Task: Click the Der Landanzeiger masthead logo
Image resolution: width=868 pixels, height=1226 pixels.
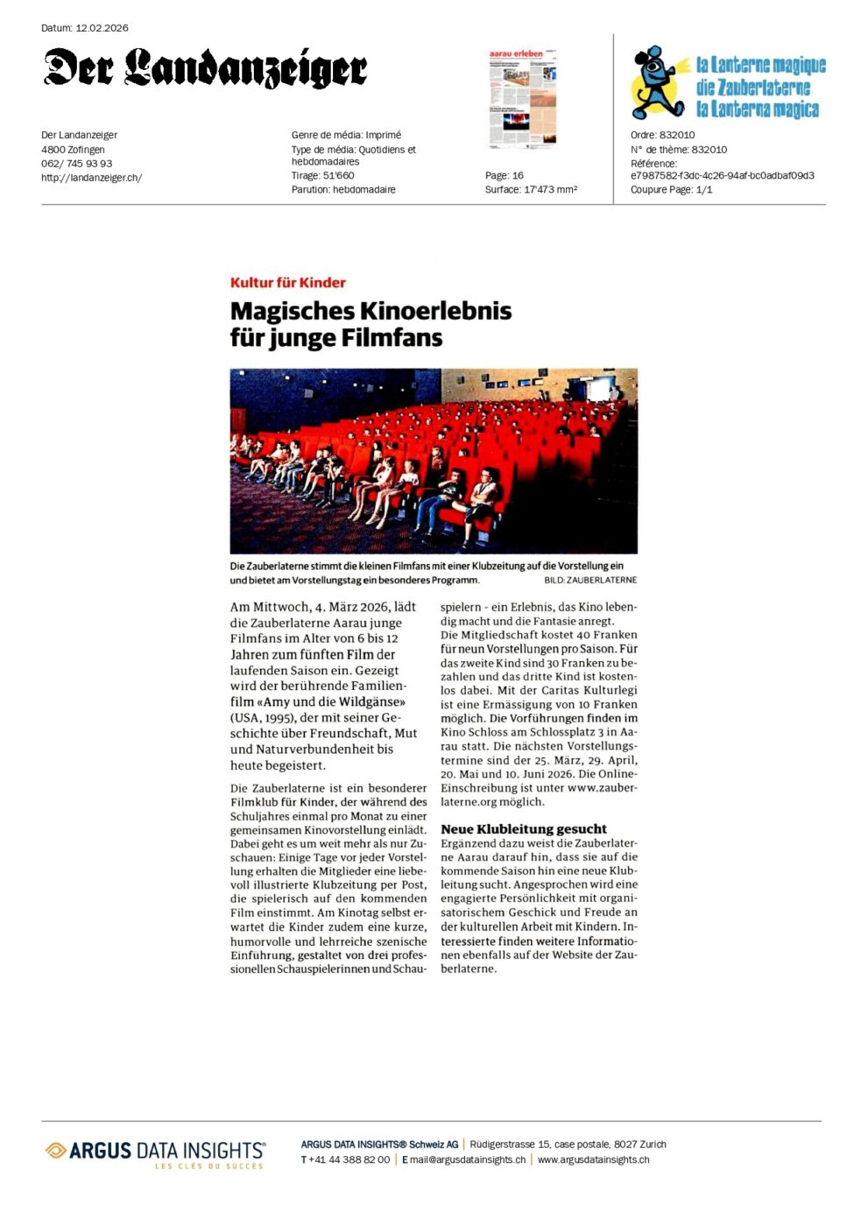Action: [x=205, y=68]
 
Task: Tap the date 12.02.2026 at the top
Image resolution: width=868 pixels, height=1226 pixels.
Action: [x=102, y=28]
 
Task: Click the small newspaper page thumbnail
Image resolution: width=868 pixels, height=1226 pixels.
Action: [x=522, y=97]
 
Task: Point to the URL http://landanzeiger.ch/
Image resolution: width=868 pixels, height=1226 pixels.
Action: [x=91, y=178]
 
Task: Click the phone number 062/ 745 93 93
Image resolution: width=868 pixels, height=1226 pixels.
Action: [x=76, y=164]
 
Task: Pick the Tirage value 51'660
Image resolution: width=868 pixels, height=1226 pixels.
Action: [x=339, y=176]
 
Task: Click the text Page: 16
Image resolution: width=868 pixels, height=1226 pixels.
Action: [x=505, y=176]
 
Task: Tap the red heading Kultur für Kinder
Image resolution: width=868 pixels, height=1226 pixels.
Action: [x=287, y=283]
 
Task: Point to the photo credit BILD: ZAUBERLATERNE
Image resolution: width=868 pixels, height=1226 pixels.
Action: [x=590, y=581]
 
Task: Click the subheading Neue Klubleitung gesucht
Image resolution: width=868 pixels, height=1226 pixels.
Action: [x=524, y=828]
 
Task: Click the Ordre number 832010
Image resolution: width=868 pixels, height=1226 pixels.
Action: [x=677, y=136]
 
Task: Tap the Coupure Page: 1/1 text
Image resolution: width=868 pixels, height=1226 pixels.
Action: [x=671, y=190]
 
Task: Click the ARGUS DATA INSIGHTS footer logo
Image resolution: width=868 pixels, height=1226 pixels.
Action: [x=155, y=1152]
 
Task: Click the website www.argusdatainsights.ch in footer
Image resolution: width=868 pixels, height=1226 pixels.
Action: [x=593, y=1159]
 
